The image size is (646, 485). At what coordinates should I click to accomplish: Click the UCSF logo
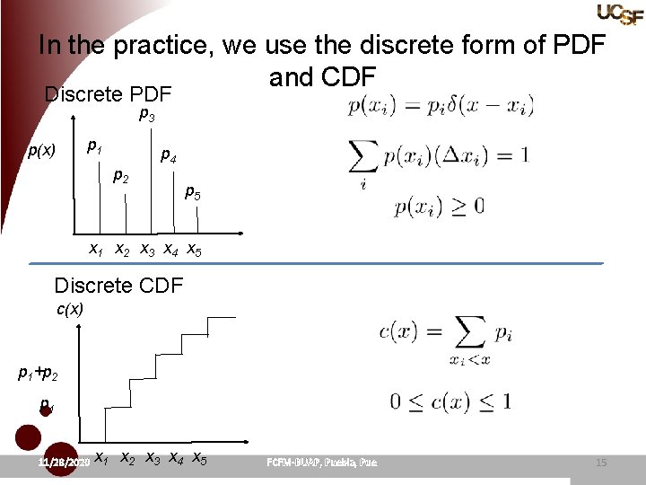[619, 13]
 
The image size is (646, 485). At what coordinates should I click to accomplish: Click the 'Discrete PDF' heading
[108, 93]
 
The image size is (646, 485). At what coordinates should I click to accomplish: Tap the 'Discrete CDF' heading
[118, 286]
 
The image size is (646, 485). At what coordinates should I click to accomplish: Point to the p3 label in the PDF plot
[147, 115]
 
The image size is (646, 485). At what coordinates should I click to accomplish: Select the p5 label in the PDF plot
[193, 191]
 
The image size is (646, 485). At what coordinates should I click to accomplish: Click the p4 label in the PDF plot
[168, 157]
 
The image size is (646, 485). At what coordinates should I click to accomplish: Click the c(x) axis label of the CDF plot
[70, 309]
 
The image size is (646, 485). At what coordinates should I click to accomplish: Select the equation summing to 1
[438, 158]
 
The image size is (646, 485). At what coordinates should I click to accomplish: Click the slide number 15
[601, 463]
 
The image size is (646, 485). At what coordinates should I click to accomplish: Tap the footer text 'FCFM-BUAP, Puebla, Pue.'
[322, 463]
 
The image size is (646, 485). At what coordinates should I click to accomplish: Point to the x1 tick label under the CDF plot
[102, 458]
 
